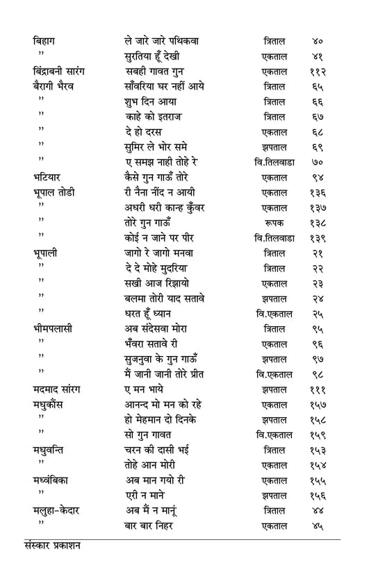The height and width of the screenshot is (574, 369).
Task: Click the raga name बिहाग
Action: click(47, 41)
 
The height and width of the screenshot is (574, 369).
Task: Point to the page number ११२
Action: click(318, 71)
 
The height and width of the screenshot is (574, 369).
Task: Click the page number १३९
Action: click(318, 237)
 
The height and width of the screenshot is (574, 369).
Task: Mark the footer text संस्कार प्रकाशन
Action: click(51, 546)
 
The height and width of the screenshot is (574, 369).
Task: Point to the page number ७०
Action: click(318, 162)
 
